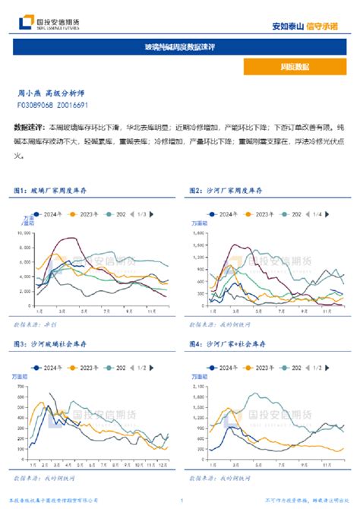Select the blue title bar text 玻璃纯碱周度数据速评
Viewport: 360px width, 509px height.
click(180, 47)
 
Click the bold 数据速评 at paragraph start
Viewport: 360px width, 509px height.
click(29, 126)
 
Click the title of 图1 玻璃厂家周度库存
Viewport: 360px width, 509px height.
click(57, 189)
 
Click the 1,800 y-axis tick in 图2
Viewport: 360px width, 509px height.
click(197, 234)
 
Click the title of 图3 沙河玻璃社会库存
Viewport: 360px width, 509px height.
click(57, 345)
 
